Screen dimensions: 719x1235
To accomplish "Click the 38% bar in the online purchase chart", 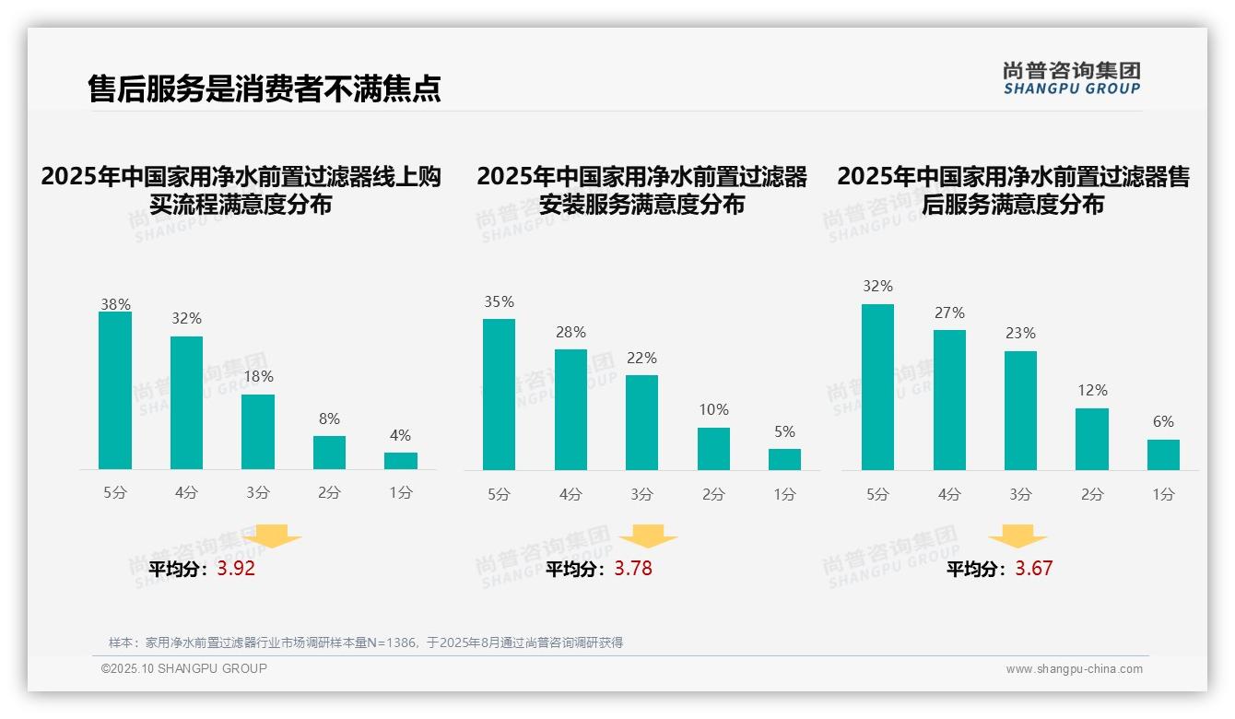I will [115, 391].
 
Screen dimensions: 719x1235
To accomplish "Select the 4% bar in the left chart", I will [401, 461].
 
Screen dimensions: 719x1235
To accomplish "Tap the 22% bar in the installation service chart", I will [641, 422].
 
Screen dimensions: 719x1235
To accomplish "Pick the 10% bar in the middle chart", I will [713, 449].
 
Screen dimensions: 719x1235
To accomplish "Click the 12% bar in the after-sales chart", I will [1092, 439].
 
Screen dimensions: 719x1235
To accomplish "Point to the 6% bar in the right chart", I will [1163, 454].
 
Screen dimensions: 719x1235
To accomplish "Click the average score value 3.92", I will [236, 569].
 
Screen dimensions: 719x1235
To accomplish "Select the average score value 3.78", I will [633, 569].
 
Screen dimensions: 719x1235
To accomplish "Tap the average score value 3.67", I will [1033, 569].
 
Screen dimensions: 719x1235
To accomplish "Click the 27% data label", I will [949, 313].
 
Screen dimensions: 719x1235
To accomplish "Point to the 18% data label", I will [258, 377].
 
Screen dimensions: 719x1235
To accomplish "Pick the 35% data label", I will [499, 302].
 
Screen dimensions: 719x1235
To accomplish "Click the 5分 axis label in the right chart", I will [877, 494].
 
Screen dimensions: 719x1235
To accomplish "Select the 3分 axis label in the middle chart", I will [641, 494].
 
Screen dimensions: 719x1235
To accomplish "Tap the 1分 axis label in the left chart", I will [401, 492].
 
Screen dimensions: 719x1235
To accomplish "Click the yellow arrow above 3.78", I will [648, 536].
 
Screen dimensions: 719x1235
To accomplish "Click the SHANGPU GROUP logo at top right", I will [1071, 78].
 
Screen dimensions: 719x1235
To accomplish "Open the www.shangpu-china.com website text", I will [1074, 669].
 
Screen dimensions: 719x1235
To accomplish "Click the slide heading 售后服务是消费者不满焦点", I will [265, 88].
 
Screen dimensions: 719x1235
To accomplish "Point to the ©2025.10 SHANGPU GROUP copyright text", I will [184, 668].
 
